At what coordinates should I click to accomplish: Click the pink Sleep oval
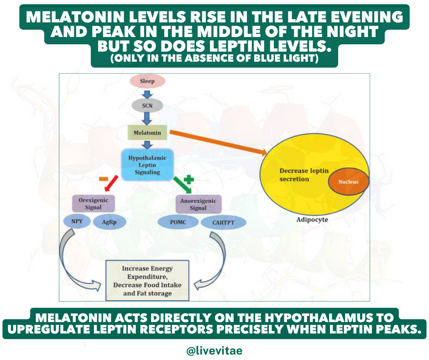click(147, 81)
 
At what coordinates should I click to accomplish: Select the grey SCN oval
click(147, 106)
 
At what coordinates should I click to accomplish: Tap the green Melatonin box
click(147, 133)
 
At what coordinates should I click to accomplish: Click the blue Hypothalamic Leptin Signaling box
click(147, 165)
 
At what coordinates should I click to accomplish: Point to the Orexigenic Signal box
click(93, 203)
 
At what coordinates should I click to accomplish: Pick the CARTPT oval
click(224, 222)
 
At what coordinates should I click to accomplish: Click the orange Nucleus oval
click(348, 181)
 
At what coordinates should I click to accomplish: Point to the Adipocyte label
click(312, 219)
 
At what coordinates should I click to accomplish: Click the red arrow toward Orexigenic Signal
click(111, 184)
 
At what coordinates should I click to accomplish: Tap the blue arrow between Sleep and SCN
click(147, 93)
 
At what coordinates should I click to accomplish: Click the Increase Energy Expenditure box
click(147, 281)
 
